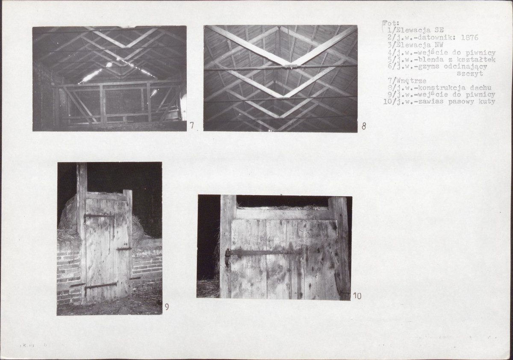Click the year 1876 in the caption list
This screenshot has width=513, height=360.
pyautogui.click(x=469, y=38)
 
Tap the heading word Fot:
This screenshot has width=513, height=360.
pyautogui.click(x=391, y=24)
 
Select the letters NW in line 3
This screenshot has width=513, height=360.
pyautogui.click(x=439, y=45)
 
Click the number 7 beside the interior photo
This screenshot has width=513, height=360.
pyautogui.click(x=192, y=126)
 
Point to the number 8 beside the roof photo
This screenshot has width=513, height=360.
pyautogui.click(x=364, y=126)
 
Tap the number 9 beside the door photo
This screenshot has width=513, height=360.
pyautogui.click(x=167, y=307)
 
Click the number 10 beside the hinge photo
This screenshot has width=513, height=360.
pyautogui.click(x=357, y=296)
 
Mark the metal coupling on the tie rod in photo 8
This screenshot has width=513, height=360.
pyautogui.click(x=289, y=67)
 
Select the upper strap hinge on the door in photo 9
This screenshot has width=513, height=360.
pyautogui.click(x=98, y=215)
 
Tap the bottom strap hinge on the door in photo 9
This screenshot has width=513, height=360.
pyautogui.click(x=101, y=286)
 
